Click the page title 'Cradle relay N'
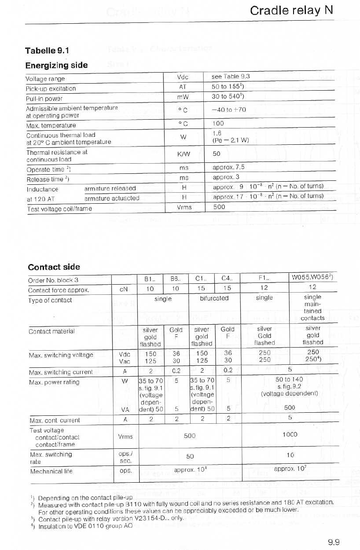291,11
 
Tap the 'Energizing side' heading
56,65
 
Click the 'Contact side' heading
54,267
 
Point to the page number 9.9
334,542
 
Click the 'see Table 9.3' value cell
231,77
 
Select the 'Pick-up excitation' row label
51,88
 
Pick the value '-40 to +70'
228,110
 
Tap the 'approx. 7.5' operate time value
228,167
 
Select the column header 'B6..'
175,279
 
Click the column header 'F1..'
264,279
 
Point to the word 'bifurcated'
214,298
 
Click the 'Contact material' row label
51,331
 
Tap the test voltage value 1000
290,434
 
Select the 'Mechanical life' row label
51,471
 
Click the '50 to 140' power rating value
289,379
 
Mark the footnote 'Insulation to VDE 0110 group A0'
85,526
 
